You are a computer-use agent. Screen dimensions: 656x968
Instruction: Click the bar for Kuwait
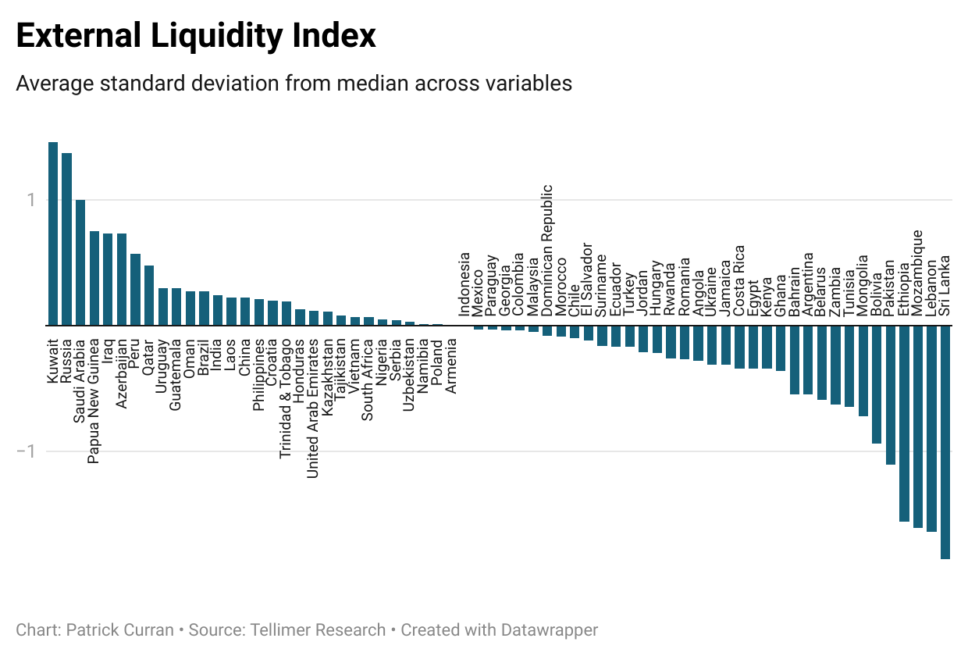[53, 234]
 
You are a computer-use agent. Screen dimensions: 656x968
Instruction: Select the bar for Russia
[66, 239]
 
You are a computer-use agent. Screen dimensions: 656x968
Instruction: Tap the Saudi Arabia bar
[80, 262]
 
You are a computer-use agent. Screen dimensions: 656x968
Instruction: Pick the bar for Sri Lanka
[945, 442]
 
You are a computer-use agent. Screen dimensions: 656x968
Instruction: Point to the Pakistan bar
[891, 395]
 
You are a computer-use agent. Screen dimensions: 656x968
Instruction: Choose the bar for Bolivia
[877, 384]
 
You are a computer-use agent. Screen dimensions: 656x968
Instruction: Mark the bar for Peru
[135, 290]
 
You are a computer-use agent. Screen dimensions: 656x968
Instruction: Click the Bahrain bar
[795, 360]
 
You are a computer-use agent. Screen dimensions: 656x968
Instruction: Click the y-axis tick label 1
[32, 201]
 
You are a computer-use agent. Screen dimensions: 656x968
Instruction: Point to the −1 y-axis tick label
[27, 452]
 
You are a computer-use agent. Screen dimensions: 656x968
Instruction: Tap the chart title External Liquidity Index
[196, 37]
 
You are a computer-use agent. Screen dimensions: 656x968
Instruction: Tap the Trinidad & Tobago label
[286, 398]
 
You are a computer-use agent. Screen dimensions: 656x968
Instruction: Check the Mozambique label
[918, 273]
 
